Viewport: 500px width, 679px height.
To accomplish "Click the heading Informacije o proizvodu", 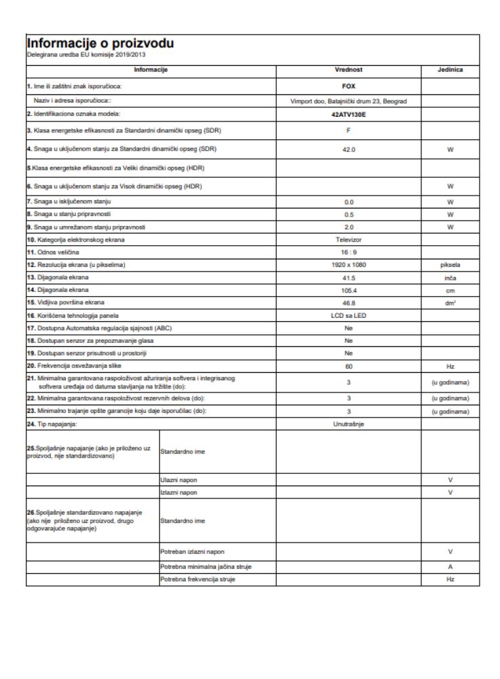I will (100, 43).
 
